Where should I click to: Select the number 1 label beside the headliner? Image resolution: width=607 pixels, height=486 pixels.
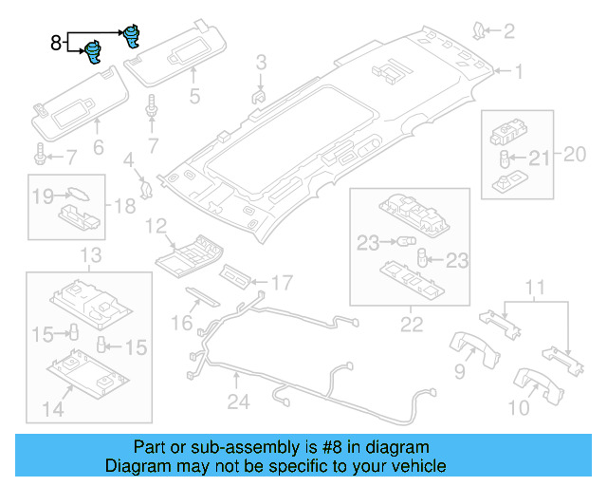(x=520, y=70)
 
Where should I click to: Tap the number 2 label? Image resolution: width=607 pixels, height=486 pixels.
(x=508, y=32)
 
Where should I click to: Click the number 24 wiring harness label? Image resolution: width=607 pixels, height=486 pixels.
(x=237, y=402)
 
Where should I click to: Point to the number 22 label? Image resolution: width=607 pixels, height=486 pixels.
(x=410, y=326)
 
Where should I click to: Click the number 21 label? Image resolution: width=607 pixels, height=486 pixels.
(x=538, y=158)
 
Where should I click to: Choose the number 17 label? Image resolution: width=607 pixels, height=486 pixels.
(x=282, y=282)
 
